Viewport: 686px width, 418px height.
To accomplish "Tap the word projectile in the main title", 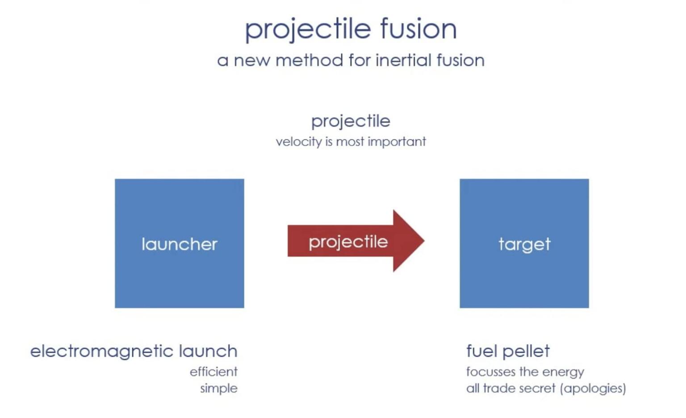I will pyautogui.click(x=308, y=29).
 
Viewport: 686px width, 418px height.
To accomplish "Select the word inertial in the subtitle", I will pyautogui.click(x=404, y=60).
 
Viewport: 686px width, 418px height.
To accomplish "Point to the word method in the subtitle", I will pyautogui.click(x=309, y=60).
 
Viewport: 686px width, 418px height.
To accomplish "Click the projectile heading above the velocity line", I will pyautogui.click(x=351, y=121).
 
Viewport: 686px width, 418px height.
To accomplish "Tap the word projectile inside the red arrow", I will pyautogui.click(x=348, y=242).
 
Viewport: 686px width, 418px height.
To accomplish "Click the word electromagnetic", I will pyautogui.click(x=101, y=351).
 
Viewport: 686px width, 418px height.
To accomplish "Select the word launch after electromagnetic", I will pyautogui.click(x=208, y=351).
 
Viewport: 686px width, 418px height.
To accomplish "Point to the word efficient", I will pyautogui.click(x=213, y=372).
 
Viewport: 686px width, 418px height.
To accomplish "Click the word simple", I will pyautogui.click(x=219, y=389).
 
